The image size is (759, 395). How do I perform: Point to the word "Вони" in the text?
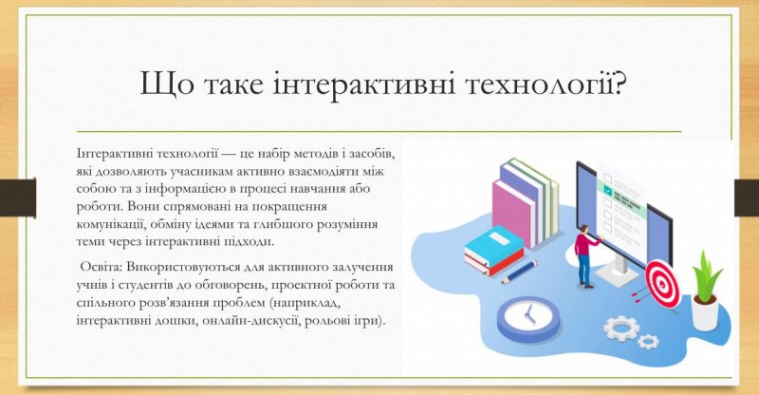click(141, 206)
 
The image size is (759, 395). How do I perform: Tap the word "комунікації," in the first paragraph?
click(111, 225)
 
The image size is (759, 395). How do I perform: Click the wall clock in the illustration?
click(528, 318)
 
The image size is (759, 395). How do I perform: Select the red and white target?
click(662, 285)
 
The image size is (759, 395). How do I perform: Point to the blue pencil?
click(520, 272)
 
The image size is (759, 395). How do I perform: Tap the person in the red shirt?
click(585, 256)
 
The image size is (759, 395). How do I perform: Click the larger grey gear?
click(621, 328)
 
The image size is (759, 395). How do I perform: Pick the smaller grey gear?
click(648, 341)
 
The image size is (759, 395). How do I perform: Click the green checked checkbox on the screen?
click(607, 193)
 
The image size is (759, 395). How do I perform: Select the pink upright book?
click(513, 213)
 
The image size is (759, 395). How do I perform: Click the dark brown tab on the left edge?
click(18, 197)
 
